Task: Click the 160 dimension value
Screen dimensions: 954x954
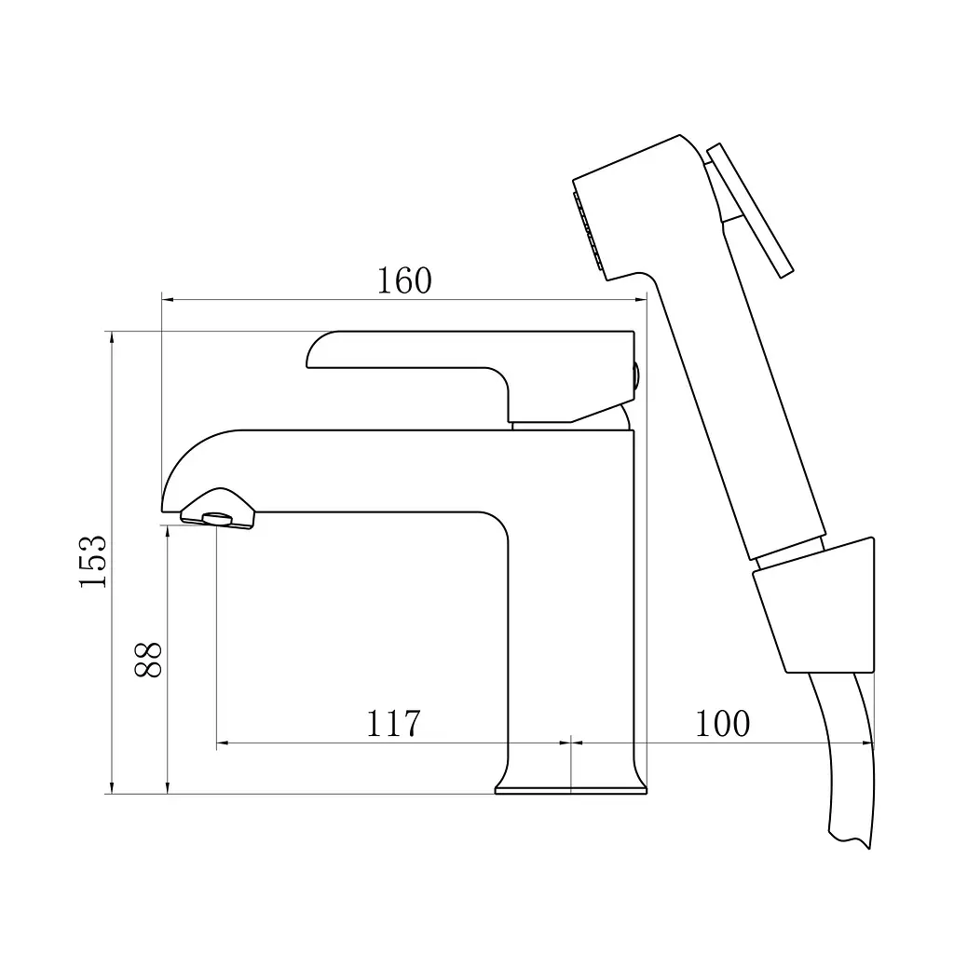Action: pos(404,280)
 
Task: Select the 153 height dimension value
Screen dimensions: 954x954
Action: pos(93,561)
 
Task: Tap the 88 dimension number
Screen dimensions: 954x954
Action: pos(148,660)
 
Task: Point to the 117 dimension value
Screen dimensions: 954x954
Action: pos(393,723)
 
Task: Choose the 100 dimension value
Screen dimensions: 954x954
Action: pos(722,723)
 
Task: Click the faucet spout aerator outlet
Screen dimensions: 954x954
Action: pos(217,519)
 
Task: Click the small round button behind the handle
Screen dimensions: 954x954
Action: pos(636,375)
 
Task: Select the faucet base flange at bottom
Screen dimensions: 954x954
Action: pos(571,790)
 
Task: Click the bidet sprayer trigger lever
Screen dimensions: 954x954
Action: pos(750,210)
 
